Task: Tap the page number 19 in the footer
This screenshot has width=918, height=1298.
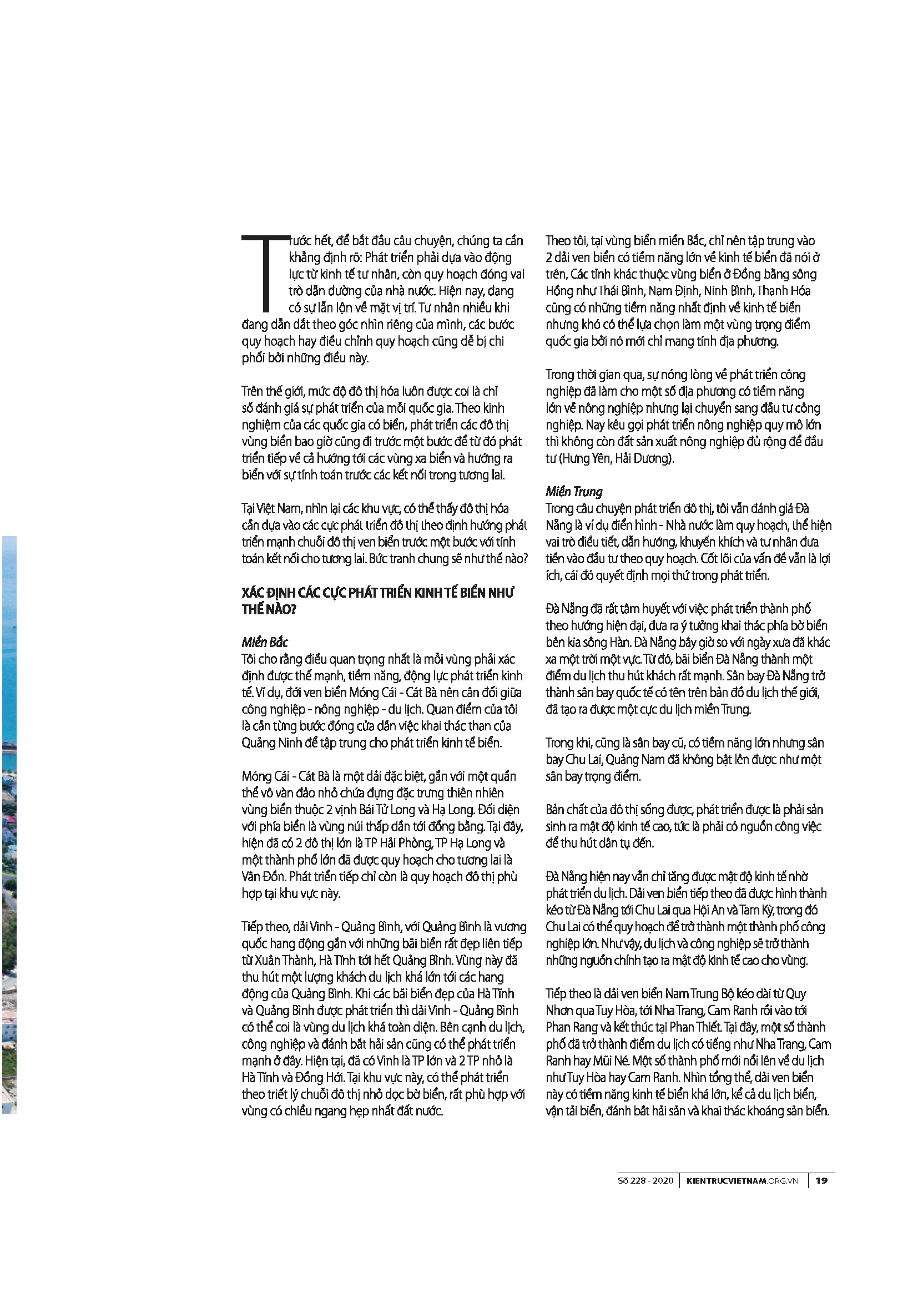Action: point(821,1180)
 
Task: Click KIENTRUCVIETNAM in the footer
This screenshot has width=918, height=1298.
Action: point(726,1180)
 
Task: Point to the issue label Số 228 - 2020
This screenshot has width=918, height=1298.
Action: point(646,1180)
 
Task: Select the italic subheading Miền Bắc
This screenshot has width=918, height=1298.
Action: point(265,642)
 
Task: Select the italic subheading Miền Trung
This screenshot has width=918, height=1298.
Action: point(574,491)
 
